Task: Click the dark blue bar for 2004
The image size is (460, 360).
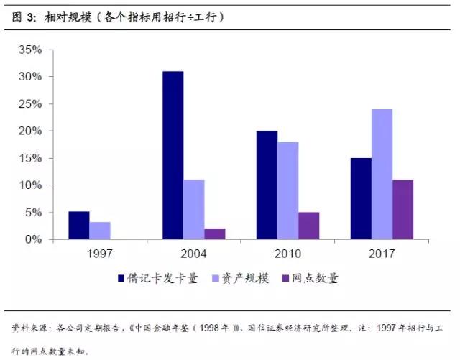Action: [172, 155]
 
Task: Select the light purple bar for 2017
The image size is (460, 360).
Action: [382, 174]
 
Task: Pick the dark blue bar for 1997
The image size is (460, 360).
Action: [79, 225]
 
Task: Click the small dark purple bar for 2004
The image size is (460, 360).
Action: [215, 234]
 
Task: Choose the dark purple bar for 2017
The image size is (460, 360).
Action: [402, 209]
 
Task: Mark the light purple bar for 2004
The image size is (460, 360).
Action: [194, 209]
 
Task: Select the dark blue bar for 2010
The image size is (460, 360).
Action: [267, 185]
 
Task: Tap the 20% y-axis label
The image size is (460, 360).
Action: [32, 131]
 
